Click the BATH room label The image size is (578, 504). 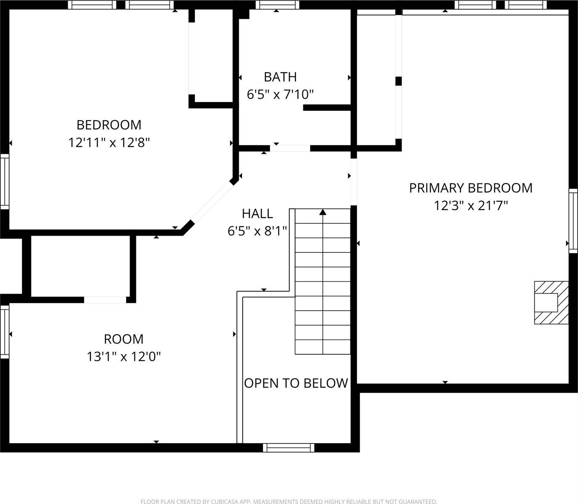coord(280,77)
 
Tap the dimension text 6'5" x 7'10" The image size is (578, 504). coord(280,94)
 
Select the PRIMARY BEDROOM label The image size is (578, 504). coord(471,188)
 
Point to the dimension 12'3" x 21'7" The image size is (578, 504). coord(471,206)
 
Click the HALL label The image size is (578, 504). coord(257,213)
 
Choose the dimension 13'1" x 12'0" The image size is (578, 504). coord(124,357)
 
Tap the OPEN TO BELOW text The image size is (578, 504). coord(296,383)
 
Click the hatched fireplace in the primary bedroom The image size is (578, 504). coord(551,302)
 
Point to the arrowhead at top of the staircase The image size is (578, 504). coord(323,212)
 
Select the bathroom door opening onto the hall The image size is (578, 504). coord(290,148)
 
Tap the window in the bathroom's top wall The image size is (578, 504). coord(277,5)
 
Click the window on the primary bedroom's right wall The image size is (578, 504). coord(573,220)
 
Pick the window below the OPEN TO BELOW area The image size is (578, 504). coord(289,448)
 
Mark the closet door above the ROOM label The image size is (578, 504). coord(105,299)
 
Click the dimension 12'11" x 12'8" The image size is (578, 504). coord(109,143)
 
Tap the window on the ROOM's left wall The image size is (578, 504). coord(5,332)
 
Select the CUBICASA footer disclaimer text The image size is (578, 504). coord(289,501)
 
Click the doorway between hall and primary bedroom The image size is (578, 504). coord(354,182)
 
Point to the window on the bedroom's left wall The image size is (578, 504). coord(5,181)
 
